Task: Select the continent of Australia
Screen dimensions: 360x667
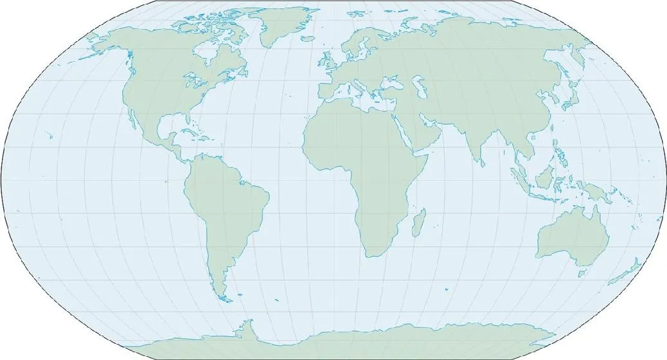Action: point(574,238)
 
